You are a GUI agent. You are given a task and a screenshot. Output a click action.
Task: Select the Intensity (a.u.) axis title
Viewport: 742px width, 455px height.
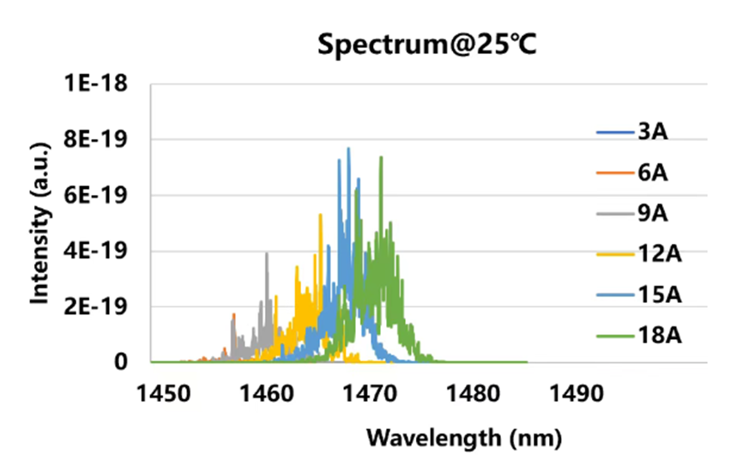(39, 224)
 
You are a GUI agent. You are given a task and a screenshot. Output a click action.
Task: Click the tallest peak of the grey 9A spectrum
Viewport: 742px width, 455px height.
(267, 253)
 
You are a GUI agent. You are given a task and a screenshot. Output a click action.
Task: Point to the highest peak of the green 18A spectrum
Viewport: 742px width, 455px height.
(381, 158)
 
